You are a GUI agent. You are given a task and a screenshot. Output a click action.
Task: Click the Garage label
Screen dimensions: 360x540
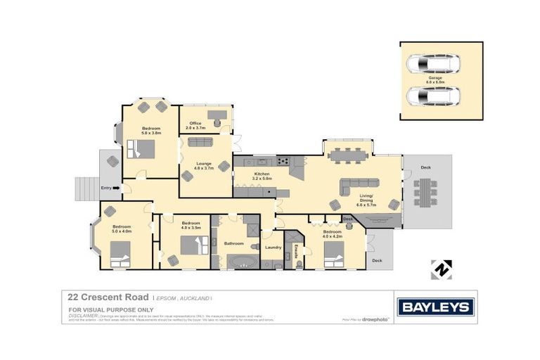point(441,80)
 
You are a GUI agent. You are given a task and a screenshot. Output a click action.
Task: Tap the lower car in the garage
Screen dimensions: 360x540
point(433,95)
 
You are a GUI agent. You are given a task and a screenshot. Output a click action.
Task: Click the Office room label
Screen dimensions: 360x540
point(195,124)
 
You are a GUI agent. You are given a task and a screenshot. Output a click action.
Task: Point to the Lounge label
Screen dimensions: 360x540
point(203,165)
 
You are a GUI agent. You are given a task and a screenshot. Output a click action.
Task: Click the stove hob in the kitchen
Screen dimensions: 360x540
point(284,160)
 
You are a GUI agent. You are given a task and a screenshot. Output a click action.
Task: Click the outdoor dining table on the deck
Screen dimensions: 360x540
point(424,191)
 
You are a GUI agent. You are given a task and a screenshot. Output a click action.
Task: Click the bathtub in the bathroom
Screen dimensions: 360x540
point(243,263)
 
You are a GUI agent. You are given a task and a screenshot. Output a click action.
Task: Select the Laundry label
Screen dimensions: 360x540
point(273,247)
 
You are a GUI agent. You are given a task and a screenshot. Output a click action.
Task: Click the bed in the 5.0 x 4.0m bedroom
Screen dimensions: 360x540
point(120,250)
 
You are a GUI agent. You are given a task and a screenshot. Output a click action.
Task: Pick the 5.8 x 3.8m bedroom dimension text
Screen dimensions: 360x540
point(151,133)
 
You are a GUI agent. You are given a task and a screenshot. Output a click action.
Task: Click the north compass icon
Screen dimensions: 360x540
point(441,269)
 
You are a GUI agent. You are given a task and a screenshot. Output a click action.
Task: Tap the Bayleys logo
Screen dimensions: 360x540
point(436,307)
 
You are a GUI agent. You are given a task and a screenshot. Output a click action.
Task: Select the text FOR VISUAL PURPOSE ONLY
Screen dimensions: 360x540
point(101,309)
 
